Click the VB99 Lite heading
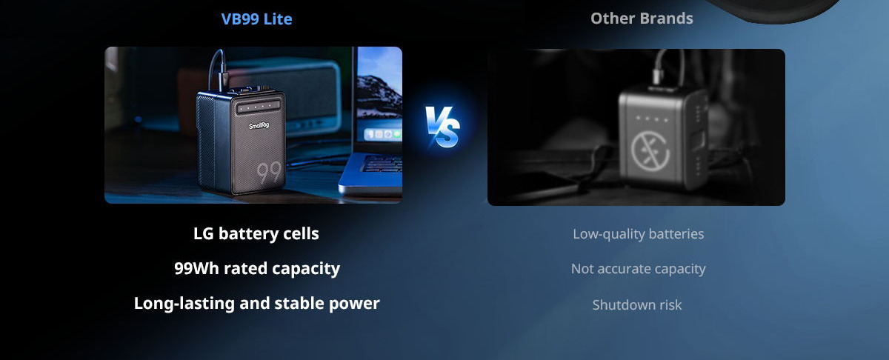(x=256, y=19)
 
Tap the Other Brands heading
(x=642, y=19)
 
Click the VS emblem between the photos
(x=442, y=126)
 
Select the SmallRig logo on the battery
(x=259, y=125)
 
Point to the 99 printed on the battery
(x=269, y=172)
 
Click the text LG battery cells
(x=256, y=233)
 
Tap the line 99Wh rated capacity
(x=257, y=268)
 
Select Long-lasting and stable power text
(x=257, y=303)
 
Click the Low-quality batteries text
(x=638, y=234)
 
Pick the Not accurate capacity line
(x=638, y=269)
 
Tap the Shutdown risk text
(x=637, y=305)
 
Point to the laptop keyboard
(x=382, y=164)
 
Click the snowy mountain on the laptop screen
(x=379, y=96)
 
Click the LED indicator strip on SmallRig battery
(x=259, y=107)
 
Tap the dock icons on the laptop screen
(x=383, y=135)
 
